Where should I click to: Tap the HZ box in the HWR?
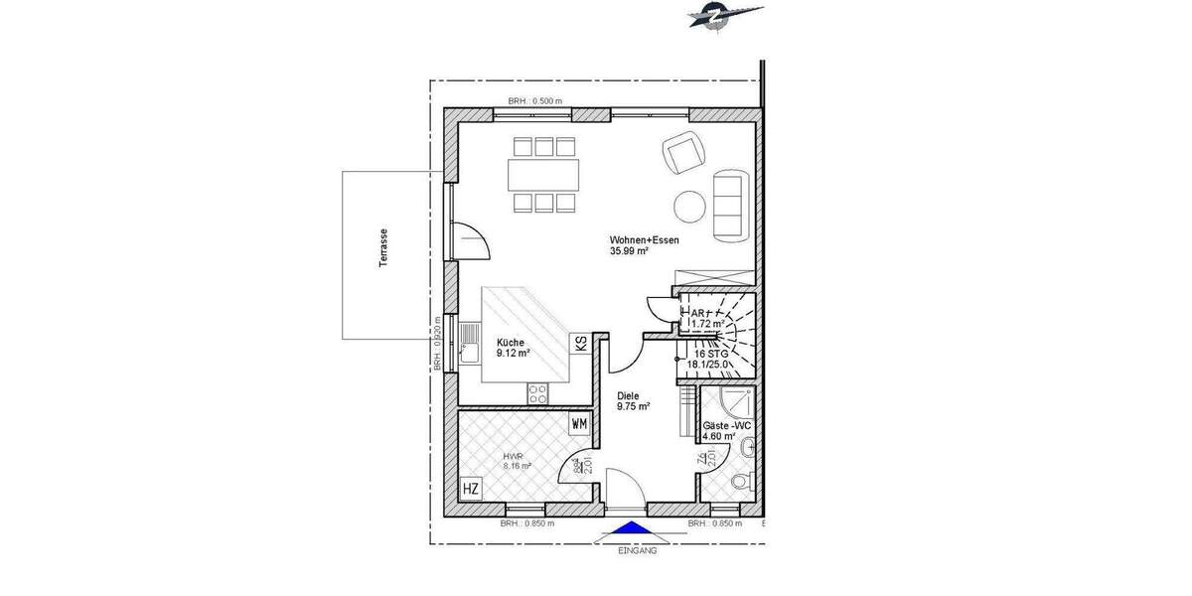[x=472, y=489]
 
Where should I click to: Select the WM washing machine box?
[x=578, y=424]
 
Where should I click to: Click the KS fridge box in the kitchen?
[x=579, y=344]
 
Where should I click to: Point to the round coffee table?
[x=689, y=206]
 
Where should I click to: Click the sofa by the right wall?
[x=730, y=203]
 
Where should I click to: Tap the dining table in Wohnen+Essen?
[x=542, y=175]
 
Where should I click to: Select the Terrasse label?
[x=382, y=253]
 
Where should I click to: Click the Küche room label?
[x=513, y=343]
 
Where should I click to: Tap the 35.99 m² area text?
[x=629, y=252]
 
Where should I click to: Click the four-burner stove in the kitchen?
[x=538, y=393]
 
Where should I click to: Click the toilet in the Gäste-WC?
[x=736, y=484]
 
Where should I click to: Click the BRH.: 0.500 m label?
[x=534, y=101]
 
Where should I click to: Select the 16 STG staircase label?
[x=711, y=353]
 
